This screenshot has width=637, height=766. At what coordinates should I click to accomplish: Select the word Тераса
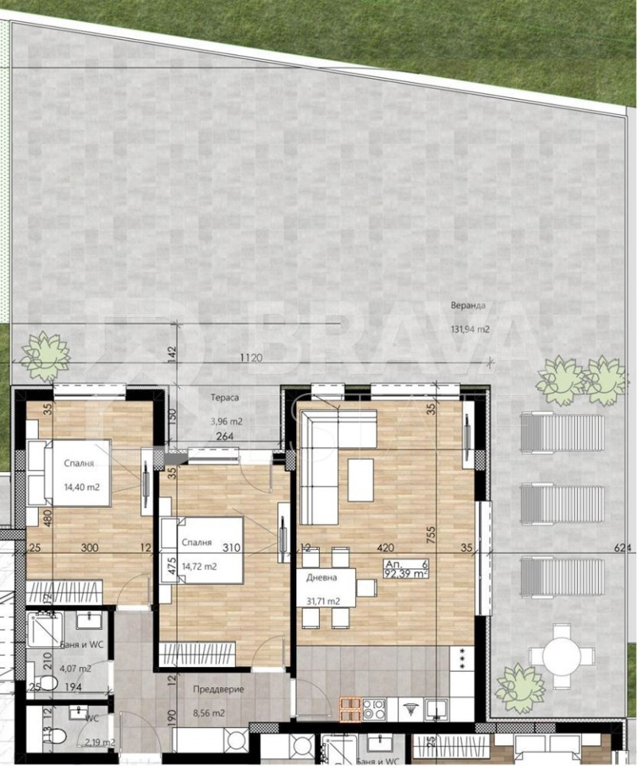[x=225, y=397]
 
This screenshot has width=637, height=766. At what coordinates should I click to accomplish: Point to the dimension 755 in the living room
[x=431, y=537]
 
